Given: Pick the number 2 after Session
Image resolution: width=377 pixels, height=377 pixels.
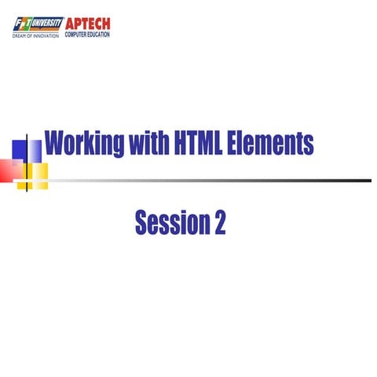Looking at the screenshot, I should pyautogui.click(x=219, y=223).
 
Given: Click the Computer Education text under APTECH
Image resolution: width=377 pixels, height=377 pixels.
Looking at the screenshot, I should pyautogui.click(x=87, y=35).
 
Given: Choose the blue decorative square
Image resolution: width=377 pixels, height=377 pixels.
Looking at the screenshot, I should pyautogui.click(x=21, y=148).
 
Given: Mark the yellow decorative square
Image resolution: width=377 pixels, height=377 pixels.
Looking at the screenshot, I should pyautogui.click(x=38, y=171).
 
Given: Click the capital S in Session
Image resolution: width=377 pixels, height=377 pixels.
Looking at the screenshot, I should pyautogui.click(x=141, y=223).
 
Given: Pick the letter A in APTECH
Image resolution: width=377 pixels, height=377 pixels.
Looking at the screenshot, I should pyautogui.click(x=70, y=24).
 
